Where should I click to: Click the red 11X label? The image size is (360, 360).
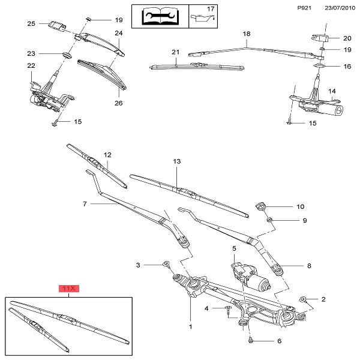point(69,289)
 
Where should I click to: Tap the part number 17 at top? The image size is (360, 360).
point(210,9)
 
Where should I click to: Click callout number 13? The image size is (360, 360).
point(177,162)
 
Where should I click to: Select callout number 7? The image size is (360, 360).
point(85,204)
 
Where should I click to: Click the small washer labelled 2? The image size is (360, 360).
point(304,299)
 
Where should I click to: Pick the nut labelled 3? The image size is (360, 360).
point(166,264)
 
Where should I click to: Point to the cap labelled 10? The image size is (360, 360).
point(260,206)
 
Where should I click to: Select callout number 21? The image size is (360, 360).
point(176,52)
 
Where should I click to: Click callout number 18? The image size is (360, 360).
point(245,34)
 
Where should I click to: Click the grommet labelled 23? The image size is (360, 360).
point(65,55)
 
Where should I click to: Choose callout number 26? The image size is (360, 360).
point(119,103)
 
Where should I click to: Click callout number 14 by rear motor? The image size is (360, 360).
point(331,91)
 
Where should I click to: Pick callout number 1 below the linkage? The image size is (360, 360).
point(190,327)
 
